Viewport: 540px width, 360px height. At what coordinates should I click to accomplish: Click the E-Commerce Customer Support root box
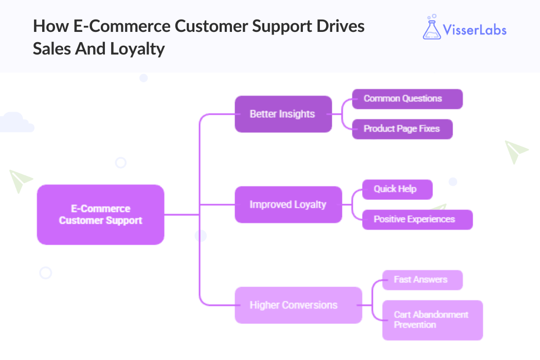tap(100, 214)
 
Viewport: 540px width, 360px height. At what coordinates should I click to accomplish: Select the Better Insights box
tap(283, 114)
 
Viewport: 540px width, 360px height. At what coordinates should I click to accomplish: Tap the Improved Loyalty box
tap(288, 205)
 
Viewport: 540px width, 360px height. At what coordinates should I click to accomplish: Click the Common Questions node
tap(407, 99)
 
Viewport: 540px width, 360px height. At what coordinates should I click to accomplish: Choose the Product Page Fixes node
tap(402, 129)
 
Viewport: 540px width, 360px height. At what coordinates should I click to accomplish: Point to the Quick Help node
tap(397, 189)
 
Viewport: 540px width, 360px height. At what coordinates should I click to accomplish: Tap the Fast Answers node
tap(422, 280)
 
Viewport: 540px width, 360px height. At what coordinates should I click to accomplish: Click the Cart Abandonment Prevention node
tap(432, 320)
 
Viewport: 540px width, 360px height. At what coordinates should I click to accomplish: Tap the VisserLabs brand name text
tap(476, 29)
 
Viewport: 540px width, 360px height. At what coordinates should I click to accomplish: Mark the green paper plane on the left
tap(20, 181)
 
